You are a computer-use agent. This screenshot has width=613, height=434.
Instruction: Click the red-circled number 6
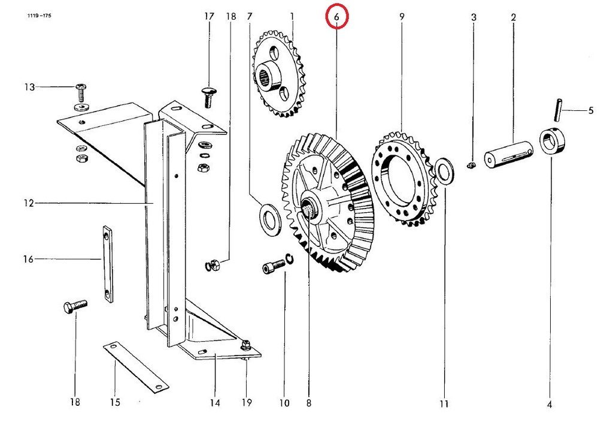336,16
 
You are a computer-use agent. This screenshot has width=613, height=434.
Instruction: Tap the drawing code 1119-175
39,16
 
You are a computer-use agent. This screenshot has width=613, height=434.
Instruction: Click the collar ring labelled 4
552,141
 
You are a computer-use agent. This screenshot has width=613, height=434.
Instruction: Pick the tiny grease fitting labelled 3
471,165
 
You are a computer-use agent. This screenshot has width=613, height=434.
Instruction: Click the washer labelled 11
444,170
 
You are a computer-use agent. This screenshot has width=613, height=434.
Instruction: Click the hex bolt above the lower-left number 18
75,306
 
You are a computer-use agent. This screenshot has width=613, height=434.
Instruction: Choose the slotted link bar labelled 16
108,264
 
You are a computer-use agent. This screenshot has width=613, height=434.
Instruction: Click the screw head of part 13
81,87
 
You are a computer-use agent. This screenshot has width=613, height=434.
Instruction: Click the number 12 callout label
29,203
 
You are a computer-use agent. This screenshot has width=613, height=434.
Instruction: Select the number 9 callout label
402,16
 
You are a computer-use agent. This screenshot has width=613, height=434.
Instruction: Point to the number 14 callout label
215,403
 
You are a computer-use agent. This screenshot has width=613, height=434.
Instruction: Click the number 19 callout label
246,402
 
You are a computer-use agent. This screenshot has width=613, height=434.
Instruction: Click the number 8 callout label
309,403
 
